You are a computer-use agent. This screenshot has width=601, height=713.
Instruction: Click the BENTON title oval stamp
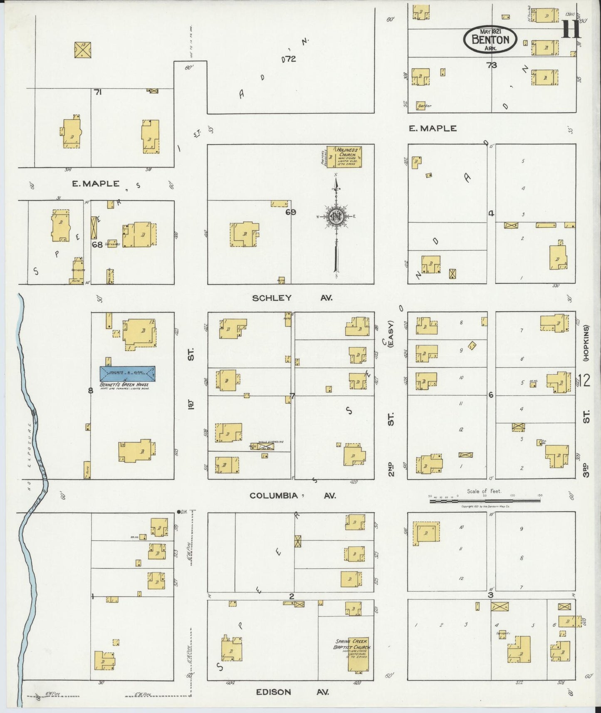[x=490, y=40]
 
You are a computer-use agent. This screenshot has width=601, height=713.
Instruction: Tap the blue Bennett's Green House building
[x=127, y=373]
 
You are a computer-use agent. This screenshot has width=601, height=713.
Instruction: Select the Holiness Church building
[x=344, y=156]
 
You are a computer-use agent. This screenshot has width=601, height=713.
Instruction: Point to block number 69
[x=290, y=212]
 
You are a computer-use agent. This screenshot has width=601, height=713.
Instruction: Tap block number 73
[x=492, y=65]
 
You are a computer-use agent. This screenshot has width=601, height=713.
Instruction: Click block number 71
[x=98, y=92]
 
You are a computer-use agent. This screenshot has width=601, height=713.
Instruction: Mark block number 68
[x=97, y=245]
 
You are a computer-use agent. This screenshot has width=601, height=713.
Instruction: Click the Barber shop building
[x=424, y=106]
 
